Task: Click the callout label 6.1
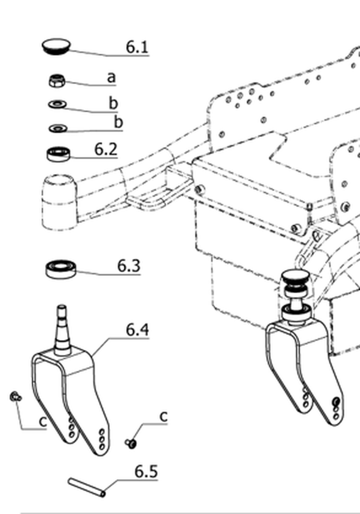[x=137, y=47]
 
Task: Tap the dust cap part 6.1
[x=56, y=47]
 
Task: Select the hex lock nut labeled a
[x=57, y=81]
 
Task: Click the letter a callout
[x=111, y=77]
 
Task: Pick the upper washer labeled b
[x=58, y=105]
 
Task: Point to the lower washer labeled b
[x=58, y=128]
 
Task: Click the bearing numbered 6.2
[x=58, y=154]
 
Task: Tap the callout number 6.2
[x=106, y=149]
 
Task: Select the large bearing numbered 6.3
[x=61, y=269]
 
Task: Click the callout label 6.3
[x=129, y=266]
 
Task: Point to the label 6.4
[x=138, y=330]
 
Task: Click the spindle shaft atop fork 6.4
[x=62, y=330]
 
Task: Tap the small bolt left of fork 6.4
[x=15, y=397]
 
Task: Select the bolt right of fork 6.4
[x=131, y=443]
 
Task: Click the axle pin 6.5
[x=87, y=487]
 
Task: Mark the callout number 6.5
[x=146, y=472]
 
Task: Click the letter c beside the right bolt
[x=164, y=416]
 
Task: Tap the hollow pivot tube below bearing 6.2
[x=59, y=202]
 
